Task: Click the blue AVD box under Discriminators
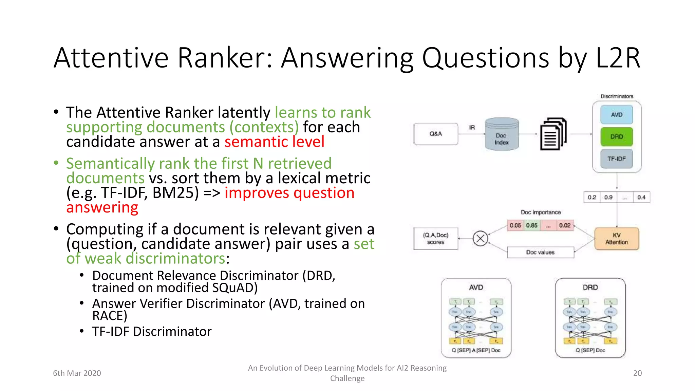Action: (x=616, y=115)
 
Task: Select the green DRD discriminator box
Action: (x=616, y=137)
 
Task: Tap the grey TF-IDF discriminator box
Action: (x=616, y=159)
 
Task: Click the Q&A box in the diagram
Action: (x=435, y=134)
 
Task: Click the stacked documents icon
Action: (x=553, y=134)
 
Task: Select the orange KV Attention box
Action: (x=616, y=239)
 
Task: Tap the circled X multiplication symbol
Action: (x=480, y=238)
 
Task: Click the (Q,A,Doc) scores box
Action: (x=435, y=239)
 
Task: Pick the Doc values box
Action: (x=540, y=252)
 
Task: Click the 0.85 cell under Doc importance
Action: (x=532, y=225)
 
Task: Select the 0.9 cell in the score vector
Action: (x=608, y=197)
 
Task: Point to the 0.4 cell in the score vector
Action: (x=641, y=197)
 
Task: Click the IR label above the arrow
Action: (x=472, y=128)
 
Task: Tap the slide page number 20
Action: (x=637, y=373)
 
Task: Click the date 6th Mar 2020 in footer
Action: (x=77, y=373)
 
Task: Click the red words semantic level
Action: (x=274, y=142)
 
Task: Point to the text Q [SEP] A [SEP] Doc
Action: (x=476, y=350)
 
